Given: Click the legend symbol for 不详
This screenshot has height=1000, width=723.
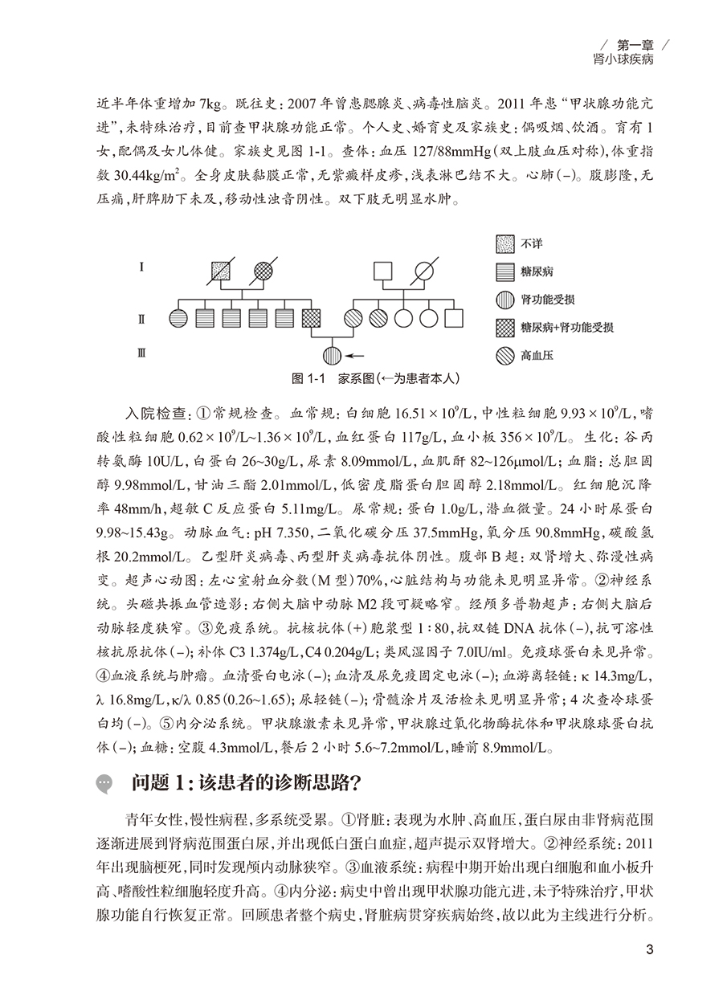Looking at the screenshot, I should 502,244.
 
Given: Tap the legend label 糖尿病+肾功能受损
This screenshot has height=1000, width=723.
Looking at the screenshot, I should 568,326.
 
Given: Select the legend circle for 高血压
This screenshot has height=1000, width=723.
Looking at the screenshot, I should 502,353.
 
